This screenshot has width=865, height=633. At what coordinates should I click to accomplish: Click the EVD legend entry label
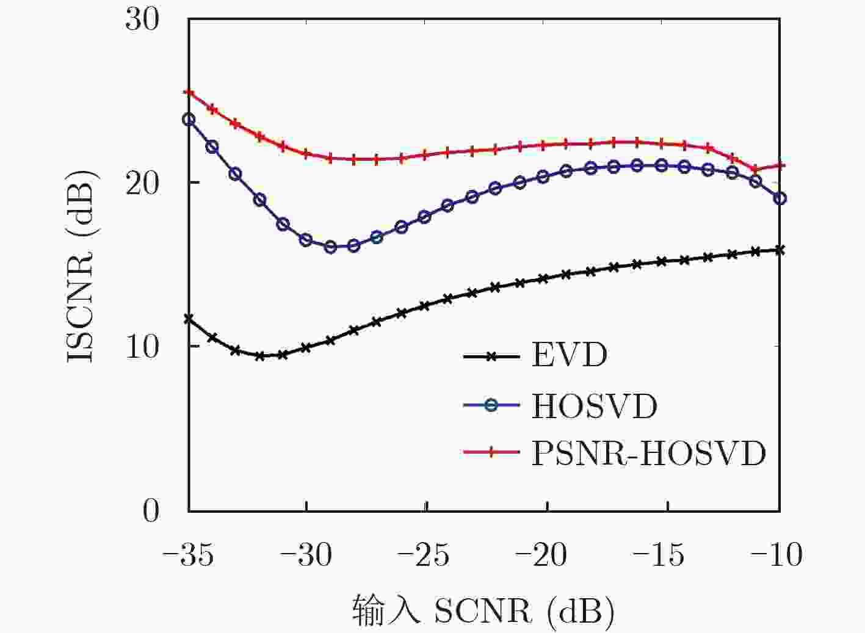point(569,355)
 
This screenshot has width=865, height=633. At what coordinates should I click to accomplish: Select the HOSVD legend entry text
point(594,406)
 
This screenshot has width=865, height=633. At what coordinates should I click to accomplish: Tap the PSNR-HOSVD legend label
point(648,453)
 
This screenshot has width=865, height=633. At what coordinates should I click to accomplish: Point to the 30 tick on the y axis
point(142,20)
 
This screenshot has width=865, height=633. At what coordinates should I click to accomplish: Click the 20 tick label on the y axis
point(142,183)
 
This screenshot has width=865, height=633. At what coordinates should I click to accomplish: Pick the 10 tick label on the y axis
point(142,346)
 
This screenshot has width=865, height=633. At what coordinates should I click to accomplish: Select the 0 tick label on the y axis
point(150,510)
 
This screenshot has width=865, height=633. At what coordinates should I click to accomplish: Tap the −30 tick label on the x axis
point(307,555)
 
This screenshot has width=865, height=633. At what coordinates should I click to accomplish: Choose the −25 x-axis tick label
point(425,555)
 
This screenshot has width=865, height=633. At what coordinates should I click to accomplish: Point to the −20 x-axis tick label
point(543,555)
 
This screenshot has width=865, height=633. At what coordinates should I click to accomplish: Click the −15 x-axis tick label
point(662,555)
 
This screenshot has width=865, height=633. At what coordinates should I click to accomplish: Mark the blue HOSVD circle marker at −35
point(189,120)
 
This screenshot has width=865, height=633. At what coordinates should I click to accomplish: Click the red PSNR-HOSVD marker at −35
point(189,93)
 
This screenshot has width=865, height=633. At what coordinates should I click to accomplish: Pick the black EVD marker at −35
point(189,319)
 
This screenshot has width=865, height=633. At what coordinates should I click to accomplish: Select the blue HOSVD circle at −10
point(780,198)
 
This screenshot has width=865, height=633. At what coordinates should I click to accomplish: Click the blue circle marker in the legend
point(492,406)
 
